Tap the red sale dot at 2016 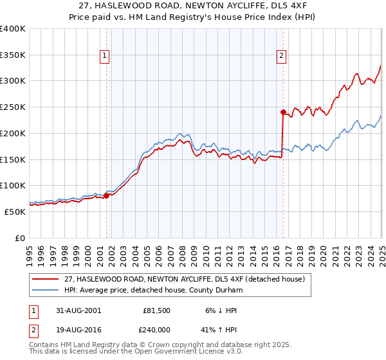coord(283,111)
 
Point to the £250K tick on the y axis coord(13,107)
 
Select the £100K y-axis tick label coord(13,185)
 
